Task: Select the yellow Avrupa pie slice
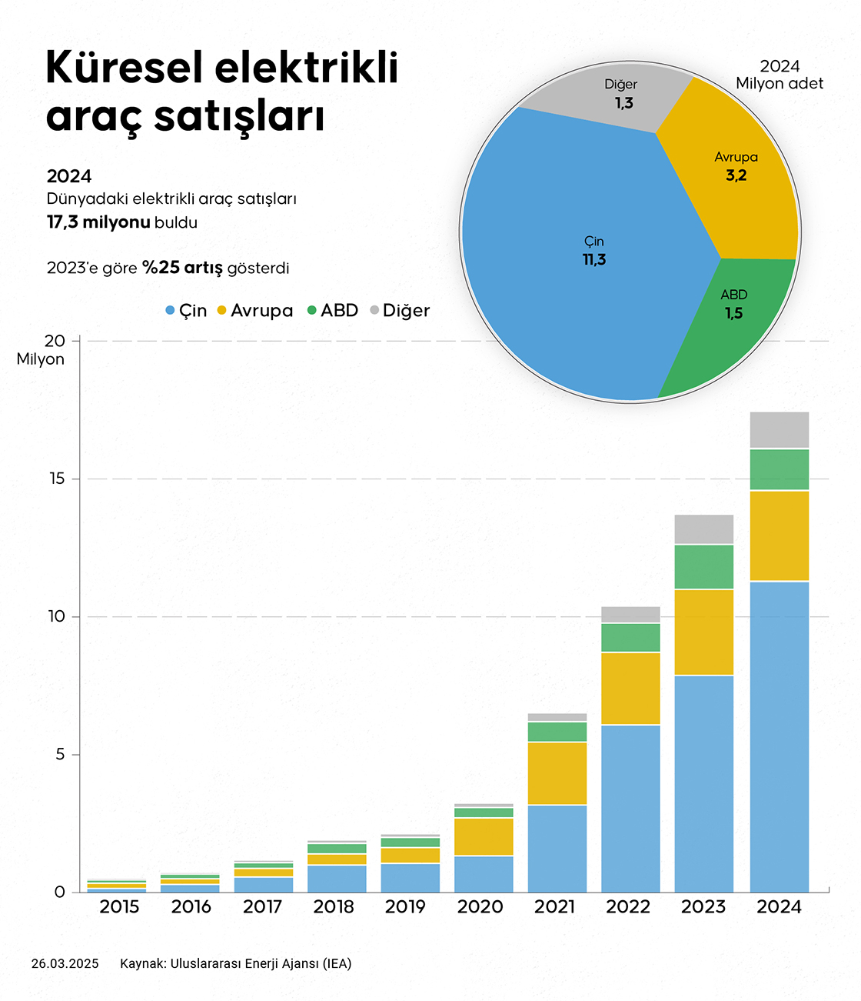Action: pyautogui.click(x=730, y=192)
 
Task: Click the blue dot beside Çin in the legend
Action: pyautogui.click(x=171, y=310)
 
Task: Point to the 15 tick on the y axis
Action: pyautogui.click(x=57, y=479)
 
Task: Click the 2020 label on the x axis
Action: pyautogui.click(x=480, y=907)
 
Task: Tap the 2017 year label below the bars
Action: pyautogui.click(x=263, y=907)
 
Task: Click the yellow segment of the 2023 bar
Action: pyautogui.click(x=703, y=632)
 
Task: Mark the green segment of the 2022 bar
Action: pyautogui.click(x=630, y=637)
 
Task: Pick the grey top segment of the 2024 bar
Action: pyautogui.click(x=779, y=430)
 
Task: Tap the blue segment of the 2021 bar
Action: pyautogui.click(x=557, y=848)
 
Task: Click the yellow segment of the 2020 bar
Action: pyautogui.click(x=484, y=836)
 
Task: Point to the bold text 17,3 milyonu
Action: pyautogui.click(x=98, y=222)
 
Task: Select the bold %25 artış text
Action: pyautogui.click(x=182, y=268)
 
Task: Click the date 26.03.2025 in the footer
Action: pyautogui.click(x=65, y=963)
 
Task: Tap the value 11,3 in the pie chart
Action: pyautogui.click(x=594, y=260)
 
